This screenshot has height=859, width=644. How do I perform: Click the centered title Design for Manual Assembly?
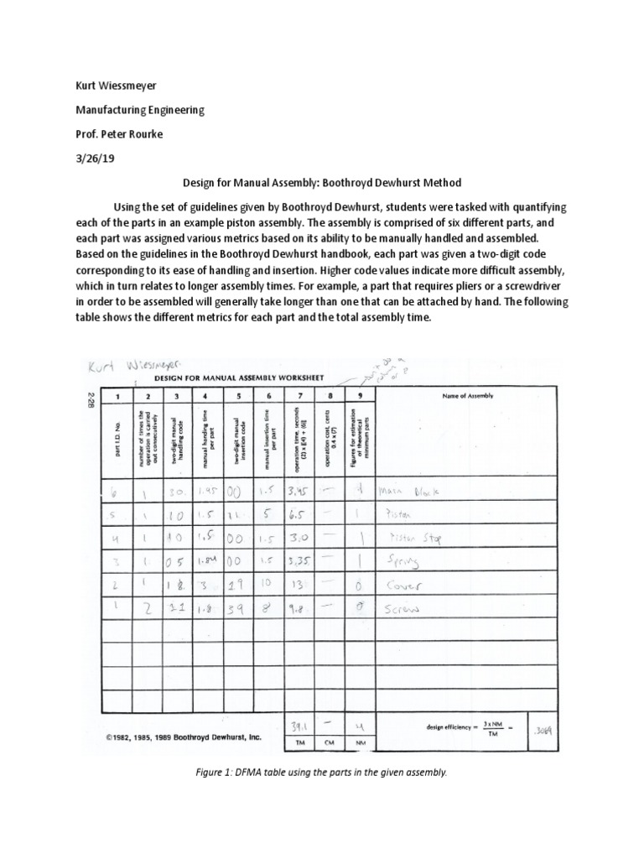pos(321,182)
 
